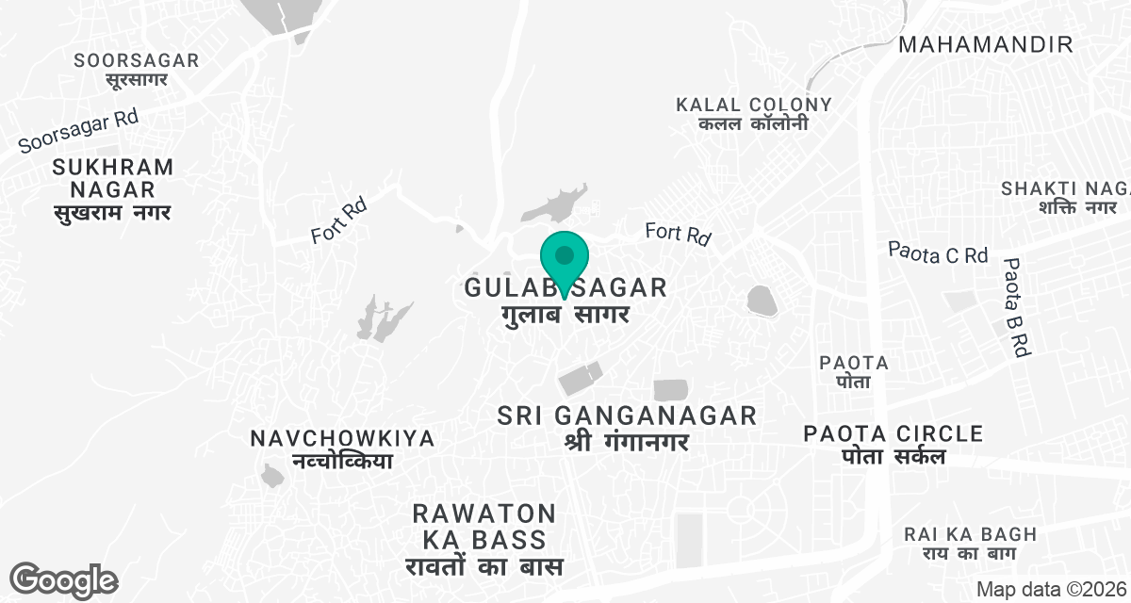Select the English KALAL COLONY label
click(x=754, y=105)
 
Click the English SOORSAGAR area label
click(x=138, y=60)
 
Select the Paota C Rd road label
click(x=938, y=253)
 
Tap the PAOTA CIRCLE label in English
click(x=893, y=434)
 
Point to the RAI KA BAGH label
click(x=970, y=534)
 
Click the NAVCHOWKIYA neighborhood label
click(x=343, y=439)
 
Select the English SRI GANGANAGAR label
click(x=628, y=416)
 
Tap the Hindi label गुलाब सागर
click(x=565, y=314)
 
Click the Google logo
click(x=63, y=579)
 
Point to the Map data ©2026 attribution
click(x=1050, y=589)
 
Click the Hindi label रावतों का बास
click(x=484, y=567)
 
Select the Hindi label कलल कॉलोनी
click(x=754, y=124)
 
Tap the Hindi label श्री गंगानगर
click(x=628, y=441)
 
